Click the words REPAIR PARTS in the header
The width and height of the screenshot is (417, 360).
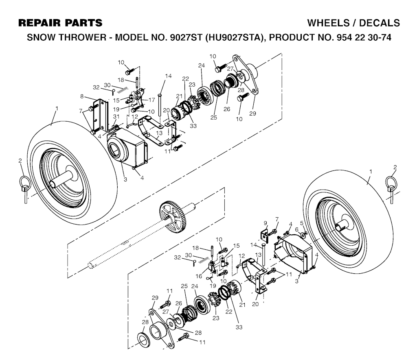click(60, 23)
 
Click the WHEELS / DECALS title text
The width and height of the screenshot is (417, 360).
click(353, 23)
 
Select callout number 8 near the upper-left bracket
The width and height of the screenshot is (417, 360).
click(81, 96)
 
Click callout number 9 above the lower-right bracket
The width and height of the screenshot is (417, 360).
click(265, 223)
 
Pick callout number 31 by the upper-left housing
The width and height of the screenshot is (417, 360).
click(116, 117)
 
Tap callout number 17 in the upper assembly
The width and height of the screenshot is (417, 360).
click(151, 100)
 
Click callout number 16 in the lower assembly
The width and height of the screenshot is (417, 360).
click(199, 276)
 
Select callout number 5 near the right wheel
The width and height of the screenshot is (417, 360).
click(302, 223)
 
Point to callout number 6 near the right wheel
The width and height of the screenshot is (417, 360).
click(296, 229)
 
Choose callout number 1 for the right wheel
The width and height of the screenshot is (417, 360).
click(371, 172)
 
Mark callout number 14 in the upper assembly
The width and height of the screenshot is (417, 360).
click(168, 76)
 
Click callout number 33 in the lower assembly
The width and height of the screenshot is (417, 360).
click(239, 327)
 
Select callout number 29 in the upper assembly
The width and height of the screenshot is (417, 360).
click(252, 113)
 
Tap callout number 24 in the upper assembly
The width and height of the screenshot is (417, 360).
click(201, 65)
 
